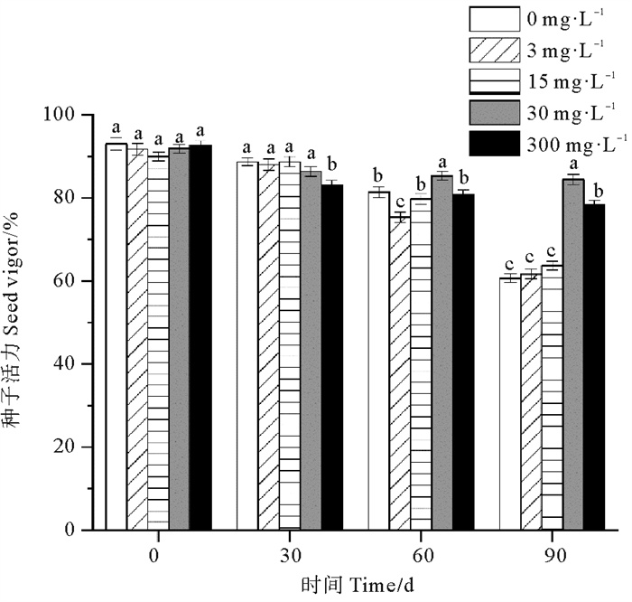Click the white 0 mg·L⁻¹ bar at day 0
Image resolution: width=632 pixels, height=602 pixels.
coord(116,334)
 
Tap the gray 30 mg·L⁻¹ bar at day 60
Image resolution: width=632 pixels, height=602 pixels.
coord(442,353)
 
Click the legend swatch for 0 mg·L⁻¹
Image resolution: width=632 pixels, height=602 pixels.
coord(492,19)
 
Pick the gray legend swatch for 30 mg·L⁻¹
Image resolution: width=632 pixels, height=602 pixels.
coord(492,114)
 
